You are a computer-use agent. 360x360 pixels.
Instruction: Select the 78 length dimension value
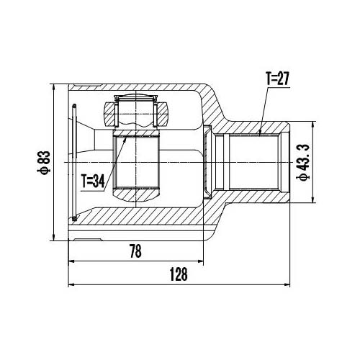[134, 251]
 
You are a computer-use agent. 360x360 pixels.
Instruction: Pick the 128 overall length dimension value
[179, 274]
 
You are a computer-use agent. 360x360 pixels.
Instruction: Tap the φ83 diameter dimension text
[44, 162]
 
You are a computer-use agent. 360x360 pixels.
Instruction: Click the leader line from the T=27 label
[264, 108]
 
